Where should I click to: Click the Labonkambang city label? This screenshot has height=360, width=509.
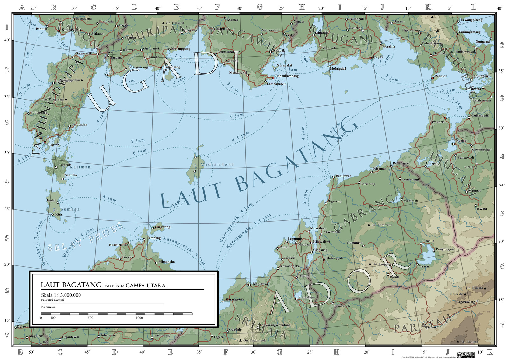click(287, 76)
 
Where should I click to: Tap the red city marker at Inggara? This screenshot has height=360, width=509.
click(45, 142)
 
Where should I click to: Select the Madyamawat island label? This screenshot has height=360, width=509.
click(217, 165)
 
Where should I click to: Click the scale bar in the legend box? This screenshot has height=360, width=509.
click(116, 314)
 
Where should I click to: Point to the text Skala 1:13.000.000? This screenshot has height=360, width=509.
click(61, 295)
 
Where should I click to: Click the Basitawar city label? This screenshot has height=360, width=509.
click(343, 176)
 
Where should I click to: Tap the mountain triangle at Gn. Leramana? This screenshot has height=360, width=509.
click(369, 225)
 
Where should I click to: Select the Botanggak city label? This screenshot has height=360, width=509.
click(335, 258)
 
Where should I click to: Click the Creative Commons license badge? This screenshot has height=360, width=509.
click(465, 355)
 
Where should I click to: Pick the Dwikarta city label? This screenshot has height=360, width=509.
click(437, 122)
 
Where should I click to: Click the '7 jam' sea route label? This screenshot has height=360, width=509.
click(138, 141)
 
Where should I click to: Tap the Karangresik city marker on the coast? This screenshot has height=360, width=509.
click(223, 301)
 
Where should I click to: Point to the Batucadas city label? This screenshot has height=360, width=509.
click(79, 124)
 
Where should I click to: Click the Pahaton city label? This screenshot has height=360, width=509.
click(441, 76)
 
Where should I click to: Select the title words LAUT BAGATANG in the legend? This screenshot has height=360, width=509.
click(71, 285)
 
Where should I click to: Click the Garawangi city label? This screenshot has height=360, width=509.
click(163, 227)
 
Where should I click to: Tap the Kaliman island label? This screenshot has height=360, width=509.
click(80, 167)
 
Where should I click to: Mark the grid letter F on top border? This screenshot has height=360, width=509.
click(217, 7)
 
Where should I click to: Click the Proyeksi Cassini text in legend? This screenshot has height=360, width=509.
click(52, 300)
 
